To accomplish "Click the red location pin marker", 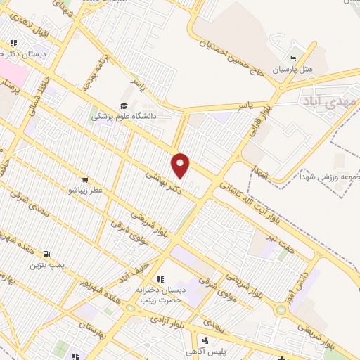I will [x=181, y=165].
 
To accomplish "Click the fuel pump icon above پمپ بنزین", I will [x=46, y=254].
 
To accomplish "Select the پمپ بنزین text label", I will [x=46, y=265].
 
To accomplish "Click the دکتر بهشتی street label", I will [x=162, y=180].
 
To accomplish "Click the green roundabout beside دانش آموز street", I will [x=281, y=309].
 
